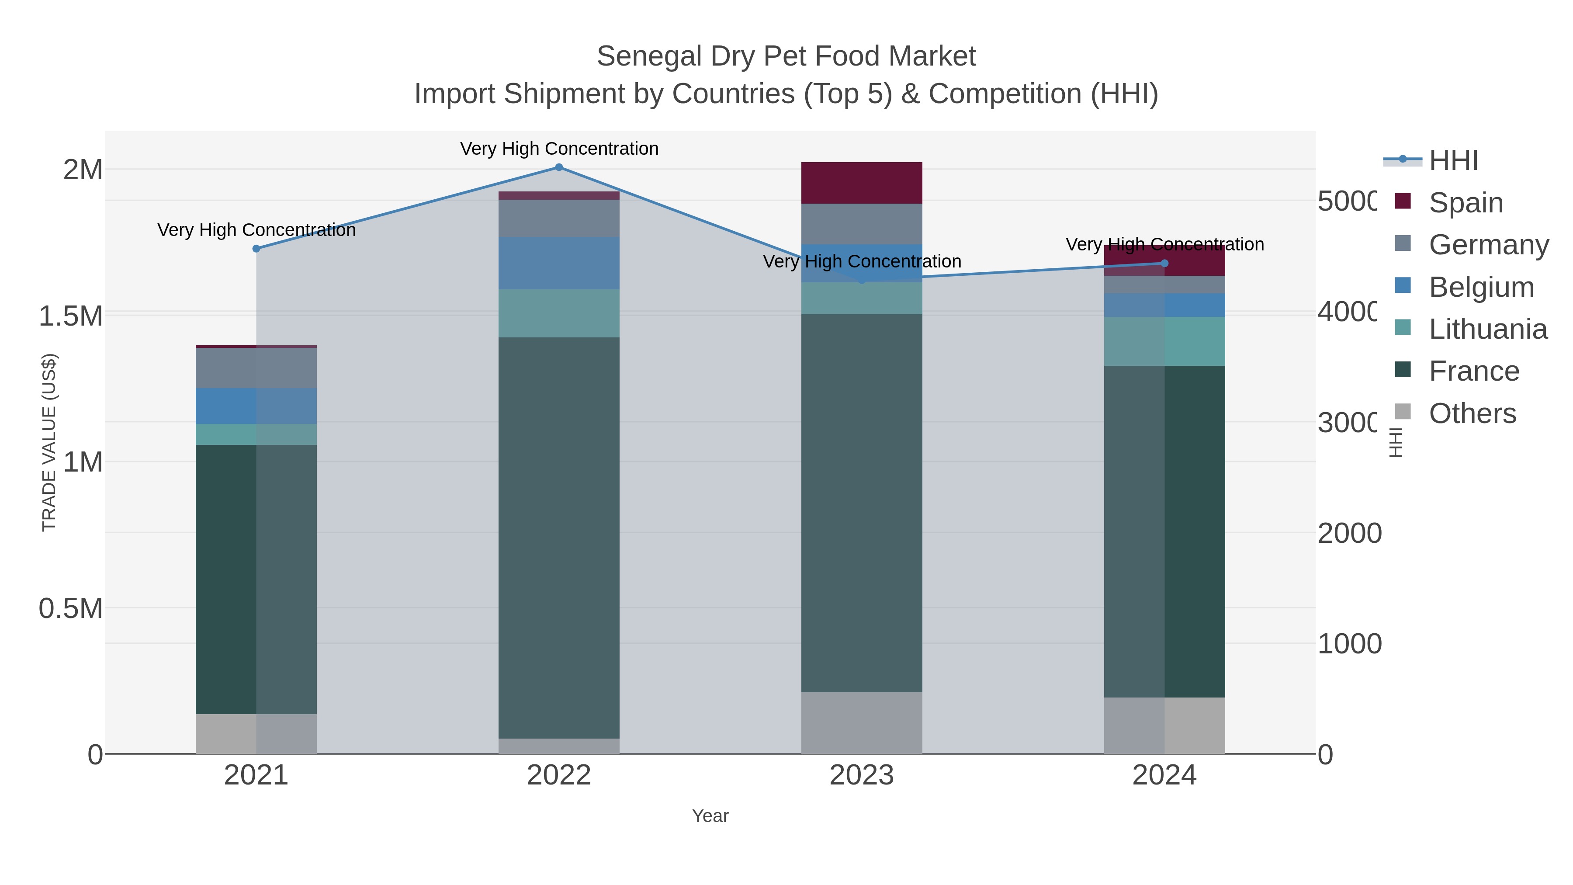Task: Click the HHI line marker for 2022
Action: click(x=559, y=167)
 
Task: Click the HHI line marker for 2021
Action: click(x=256, y=249)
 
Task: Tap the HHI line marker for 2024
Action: click(x=1164, y=263)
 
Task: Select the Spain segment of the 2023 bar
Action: click(x=862, y=183)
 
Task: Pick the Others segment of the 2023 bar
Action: click(x=862, y=722)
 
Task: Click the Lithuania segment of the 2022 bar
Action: click(x=559, y=313)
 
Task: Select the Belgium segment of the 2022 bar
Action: click(x=559, y=263)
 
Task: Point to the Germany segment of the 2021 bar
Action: click(x=256, y=368)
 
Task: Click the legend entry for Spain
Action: click(x=1466, y=202)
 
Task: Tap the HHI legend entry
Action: click(x=1453, y=160)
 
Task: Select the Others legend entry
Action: click(x=1472, y=413)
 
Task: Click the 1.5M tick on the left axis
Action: click(x=70, y=316)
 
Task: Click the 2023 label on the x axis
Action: click(x=862, y=775)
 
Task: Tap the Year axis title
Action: click(x=710, y=816)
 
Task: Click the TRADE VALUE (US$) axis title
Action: click(x=49, y=442)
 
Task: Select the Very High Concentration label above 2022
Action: click(x=559, y=149)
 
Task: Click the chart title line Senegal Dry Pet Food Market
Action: click(x=786, y=56)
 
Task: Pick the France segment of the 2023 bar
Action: click(x=862, y=502)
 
